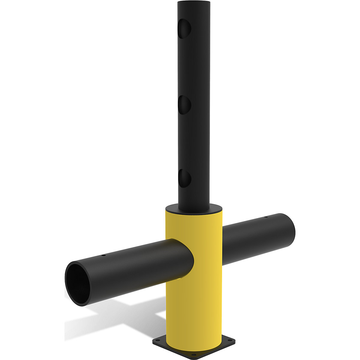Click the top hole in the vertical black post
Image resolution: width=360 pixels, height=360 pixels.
click(x=184, y=29)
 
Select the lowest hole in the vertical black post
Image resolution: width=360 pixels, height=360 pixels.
click(x=184, y=178)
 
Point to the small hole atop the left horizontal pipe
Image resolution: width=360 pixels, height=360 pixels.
click(x=103, y=256)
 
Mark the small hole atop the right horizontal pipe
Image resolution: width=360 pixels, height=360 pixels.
click(x=265, y=217)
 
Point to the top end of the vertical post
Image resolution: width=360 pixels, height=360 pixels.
click(x=193, y=3)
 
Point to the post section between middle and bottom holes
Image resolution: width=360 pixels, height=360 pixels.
click(x=193, y=141)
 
